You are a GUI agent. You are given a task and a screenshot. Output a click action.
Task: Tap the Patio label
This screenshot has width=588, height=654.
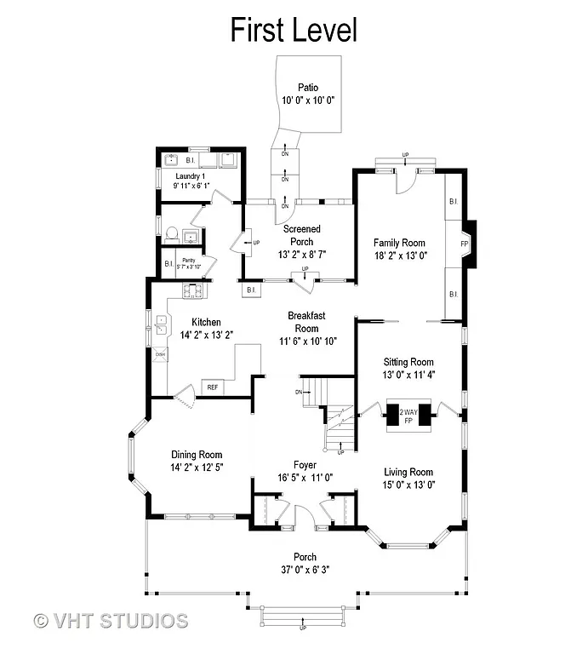(x=307, y=87)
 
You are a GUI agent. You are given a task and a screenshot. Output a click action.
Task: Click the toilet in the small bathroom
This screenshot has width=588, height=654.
(x=171, y=232)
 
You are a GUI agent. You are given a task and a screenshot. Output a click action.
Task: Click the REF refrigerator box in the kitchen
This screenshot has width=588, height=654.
(x=213, y=387)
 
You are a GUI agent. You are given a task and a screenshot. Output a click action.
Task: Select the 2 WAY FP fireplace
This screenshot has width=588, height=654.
(x=408, y=417)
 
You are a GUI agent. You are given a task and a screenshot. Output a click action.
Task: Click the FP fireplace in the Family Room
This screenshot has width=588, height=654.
(x=464, y=244)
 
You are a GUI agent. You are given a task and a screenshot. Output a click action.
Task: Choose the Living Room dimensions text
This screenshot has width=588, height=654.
(x=408, y=485)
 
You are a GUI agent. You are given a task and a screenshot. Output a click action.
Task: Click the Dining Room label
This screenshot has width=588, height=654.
(x=197, y=454)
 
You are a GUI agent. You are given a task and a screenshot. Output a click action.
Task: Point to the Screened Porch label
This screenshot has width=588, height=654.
(x=303, y=235)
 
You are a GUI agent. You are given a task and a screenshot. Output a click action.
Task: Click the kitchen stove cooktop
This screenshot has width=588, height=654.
(x=192, y=291)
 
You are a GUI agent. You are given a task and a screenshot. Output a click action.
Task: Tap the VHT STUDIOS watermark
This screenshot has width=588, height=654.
(x=110, y=621)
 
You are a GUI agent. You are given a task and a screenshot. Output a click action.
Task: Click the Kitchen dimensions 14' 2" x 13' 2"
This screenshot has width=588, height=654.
(x=206, y=335)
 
